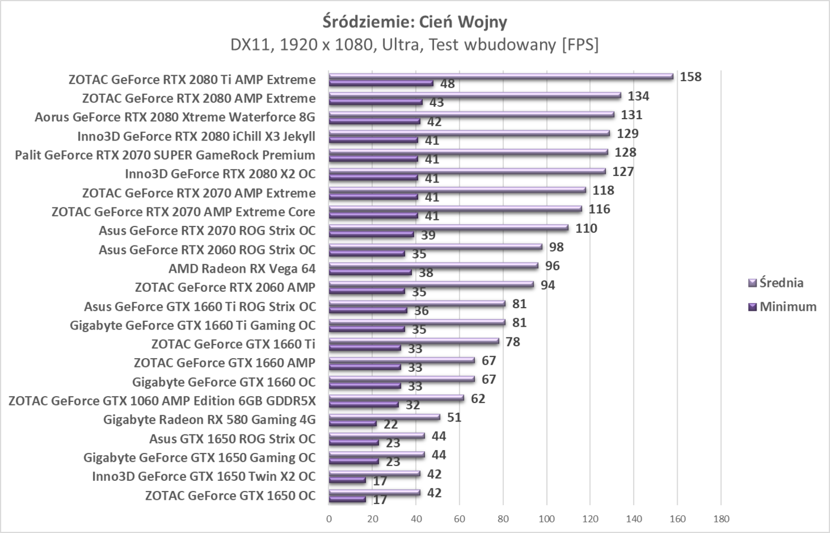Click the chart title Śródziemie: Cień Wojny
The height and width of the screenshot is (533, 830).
pyautogui.click(x=414, y=22)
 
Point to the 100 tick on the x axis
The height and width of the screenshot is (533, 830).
pyautogui.click(x=547, y=519)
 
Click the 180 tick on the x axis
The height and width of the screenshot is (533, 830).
pyautogui.click(x=721, y=519)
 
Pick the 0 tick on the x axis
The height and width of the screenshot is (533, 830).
pyautogui.click(x=329, y=519)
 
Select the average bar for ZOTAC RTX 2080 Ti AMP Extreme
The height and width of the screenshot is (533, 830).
pyautogui.click(x=501, y=76)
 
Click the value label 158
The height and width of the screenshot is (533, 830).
pyautogui.click(x=690, y=76)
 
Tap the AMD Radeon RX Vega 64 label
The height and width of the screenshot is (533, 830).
pyautogui.click(x=242, y=269)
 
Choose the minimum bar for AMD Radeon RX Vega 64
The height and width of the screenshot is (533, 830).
pyautogui.click(x=370, y=273)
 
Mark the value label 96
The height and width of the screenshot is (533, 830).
pyautogui.click(x=553, y=266)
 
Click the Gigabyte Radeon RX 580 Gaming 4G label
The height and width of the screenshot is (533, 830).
pyautogui.click(x=209, y=420)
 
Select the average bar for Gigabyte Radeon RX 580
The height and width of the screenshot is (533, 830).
pyautogui.click(x=384, y=417)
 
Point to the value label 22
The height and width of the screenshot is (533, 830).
pyautogui.click(x=391, y=425)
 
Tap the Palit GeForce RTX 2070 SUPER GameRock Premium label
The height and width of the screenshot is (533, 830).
pyautogui.click(x=165, y=155)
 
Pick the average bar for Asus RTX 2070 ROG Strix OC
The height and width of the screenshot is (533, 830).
pyautogui.click(x=448, y=228)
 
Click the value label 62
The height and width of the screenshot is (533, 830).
pyautogui.click(x=478, y=398)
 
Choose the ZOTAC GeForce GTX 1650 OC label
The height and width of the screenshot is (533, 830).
pyautogui.click(x=230, y=496)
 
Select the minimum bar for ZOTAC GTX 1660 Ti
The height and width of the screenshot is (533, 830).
pyautogui.click(x=365, y=349)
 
